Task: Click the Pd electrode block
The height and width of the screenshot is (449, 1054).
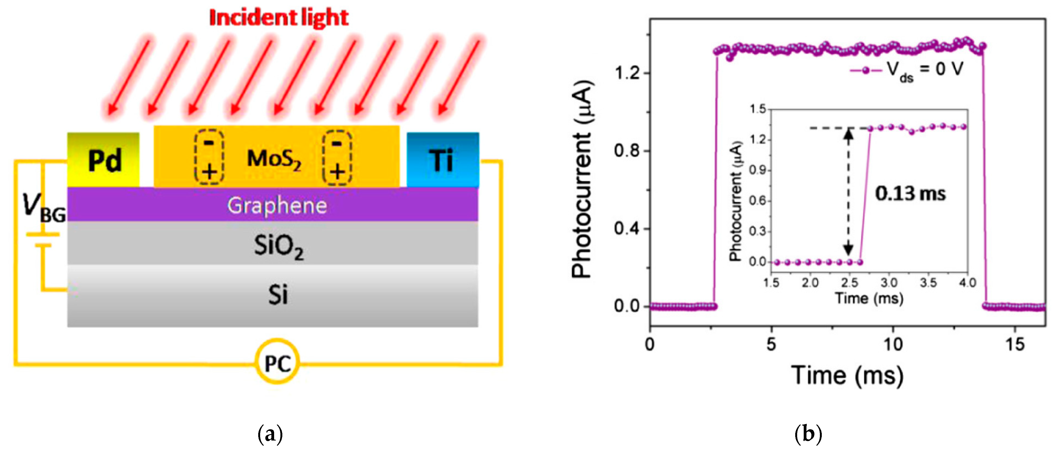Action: (x=104, y=160)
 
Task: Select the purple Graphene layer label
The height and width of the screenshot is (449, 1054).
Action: (x=277, y=205)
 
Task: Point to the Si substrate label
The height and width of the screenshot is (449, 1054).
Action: (x=278, y=294)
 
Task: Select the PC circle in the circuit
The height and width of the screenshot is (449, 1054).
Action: (x=277, y=362)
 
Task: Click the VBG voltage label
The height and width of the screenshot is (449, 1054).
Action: (x=43, y=208)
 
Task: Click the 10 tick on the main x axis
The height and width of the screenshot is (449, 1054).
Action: (x=892, y=344)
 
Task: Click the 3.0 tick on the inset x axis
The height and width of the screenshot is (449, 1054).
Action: (x=889, y=283)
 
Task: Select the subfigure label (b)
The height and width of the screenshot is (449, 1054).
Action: (x=808, y=434)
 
